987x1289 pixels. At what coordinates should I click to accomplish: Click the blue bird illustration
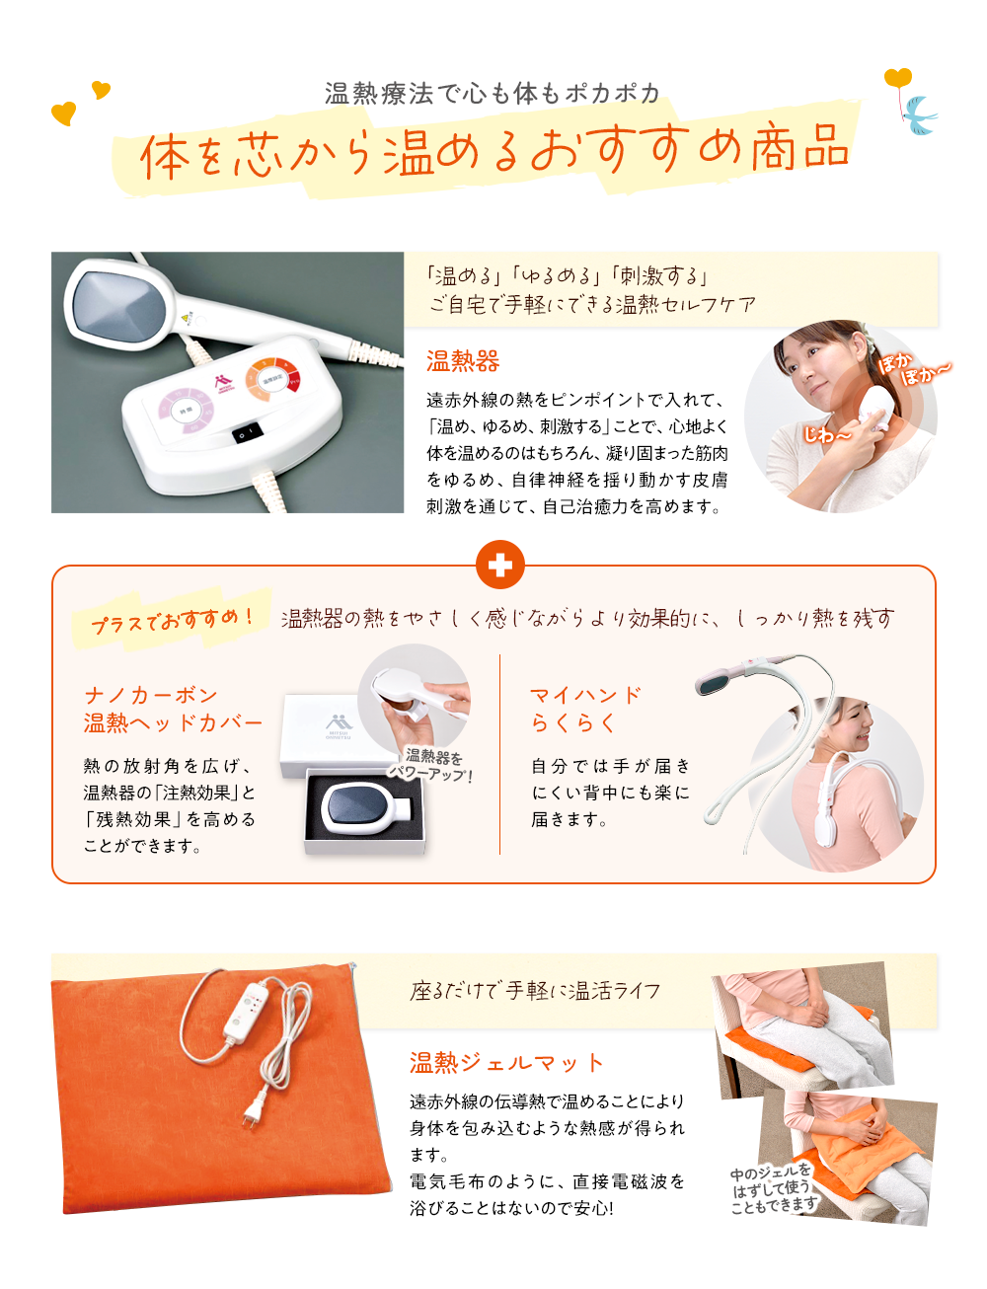[x=921, y=114]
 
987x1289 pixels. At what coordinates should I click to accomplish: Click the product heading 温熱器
[x=463, y=361]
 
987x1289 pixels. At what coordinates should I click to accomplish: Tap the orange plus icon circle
[x=499, y=566]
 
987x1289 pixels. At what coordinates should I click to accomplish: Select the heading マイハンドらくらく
[x=586, y=709]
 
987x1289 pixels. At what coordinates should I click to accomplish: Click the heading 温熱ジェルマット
[x=506, y=1063]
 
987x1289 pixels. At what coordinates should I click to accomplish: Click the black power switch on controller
[x=247, y=432]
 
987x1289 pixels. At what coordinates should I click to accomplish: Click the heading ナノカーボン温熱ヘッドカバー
[x=173, y=709]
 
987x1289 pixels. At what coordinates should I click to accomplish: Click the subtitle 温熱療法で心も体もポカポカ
[x=493, y=94]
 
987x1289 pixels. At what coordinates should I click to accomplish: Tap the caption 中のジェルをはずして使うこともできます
[x=774, y=1188]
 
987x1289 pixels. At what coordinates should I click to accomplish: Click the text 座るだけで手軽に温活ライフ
[x=535, y=990]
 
